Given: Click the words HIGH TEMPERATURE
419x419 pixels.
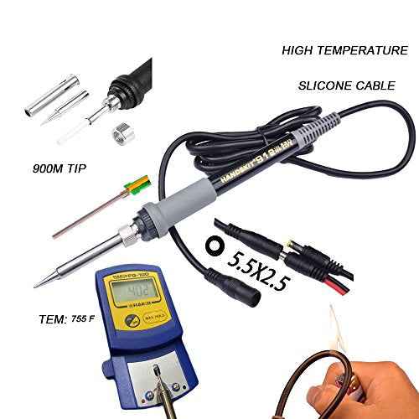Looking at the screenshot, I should [x=344, y=51].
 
